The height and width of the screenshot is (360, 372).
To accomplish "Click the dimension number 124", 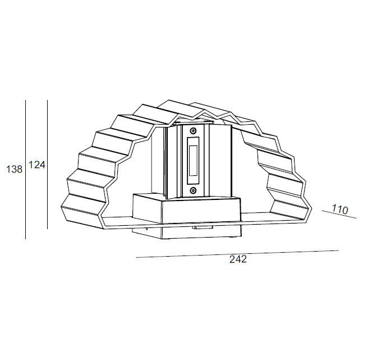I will click(x=36, y=165).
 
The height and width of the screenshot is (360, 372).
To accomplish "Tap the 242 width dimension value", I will click(x=238, y=259).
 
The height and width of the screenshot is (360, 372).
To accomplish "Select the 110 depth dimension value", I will click(x=341, y=209).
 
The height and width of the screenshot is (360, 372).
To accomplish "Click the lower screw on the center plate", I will click(x=194, y=190).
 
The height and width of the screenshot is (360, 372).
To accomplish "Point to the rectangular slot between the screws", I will click(x=194, y=161).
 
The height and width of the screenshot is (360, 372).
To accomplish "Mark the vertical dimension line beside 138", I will click(x=26, y=169).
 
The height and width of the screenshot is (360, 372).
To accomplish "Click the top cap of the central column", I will click(x=194, y=121).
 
